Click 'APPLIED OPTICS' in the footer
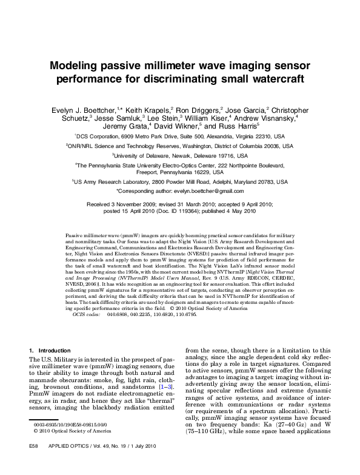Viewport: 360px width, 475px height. tap(65, 462)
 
